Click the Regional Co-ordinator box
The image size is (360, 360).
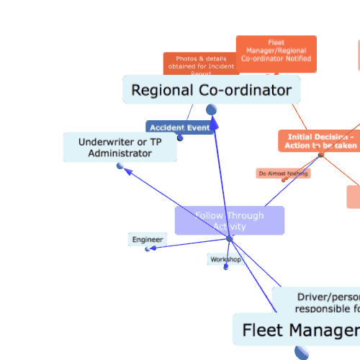(211, 90)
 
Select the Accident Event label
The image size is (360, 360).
(179, 127)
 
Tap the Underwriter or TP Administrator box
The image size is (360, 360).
(120, 147)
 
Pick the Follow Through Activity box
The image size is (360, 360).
(229, 220)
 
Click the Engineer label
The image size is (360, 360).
(148, 239)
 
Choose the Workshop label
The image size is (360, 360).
(225, 259)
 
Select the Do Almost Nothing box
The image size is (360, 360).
(283, 174)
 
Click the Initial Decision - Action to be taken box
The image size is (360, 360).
(320, 141)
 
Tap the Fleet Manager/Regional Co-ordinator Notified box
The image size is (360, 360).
(276, 54)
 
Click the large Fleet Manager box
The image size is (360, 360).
(296, 330)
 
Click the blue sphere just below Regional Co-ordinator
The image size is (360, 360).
(212, 109)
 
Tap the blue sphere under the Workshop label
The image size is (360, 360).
(225, 267)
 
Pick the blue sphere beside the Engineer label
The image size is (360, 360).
(148, 249)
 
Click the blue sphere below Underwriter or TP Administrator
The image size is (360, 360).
(120, 166)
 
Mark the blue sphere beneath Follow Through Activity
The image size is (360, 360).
(229, 238)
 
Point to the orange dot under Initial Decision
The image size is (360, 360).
(320, 155)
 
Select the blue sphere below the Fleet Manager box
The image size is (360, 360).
(302, 352)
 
